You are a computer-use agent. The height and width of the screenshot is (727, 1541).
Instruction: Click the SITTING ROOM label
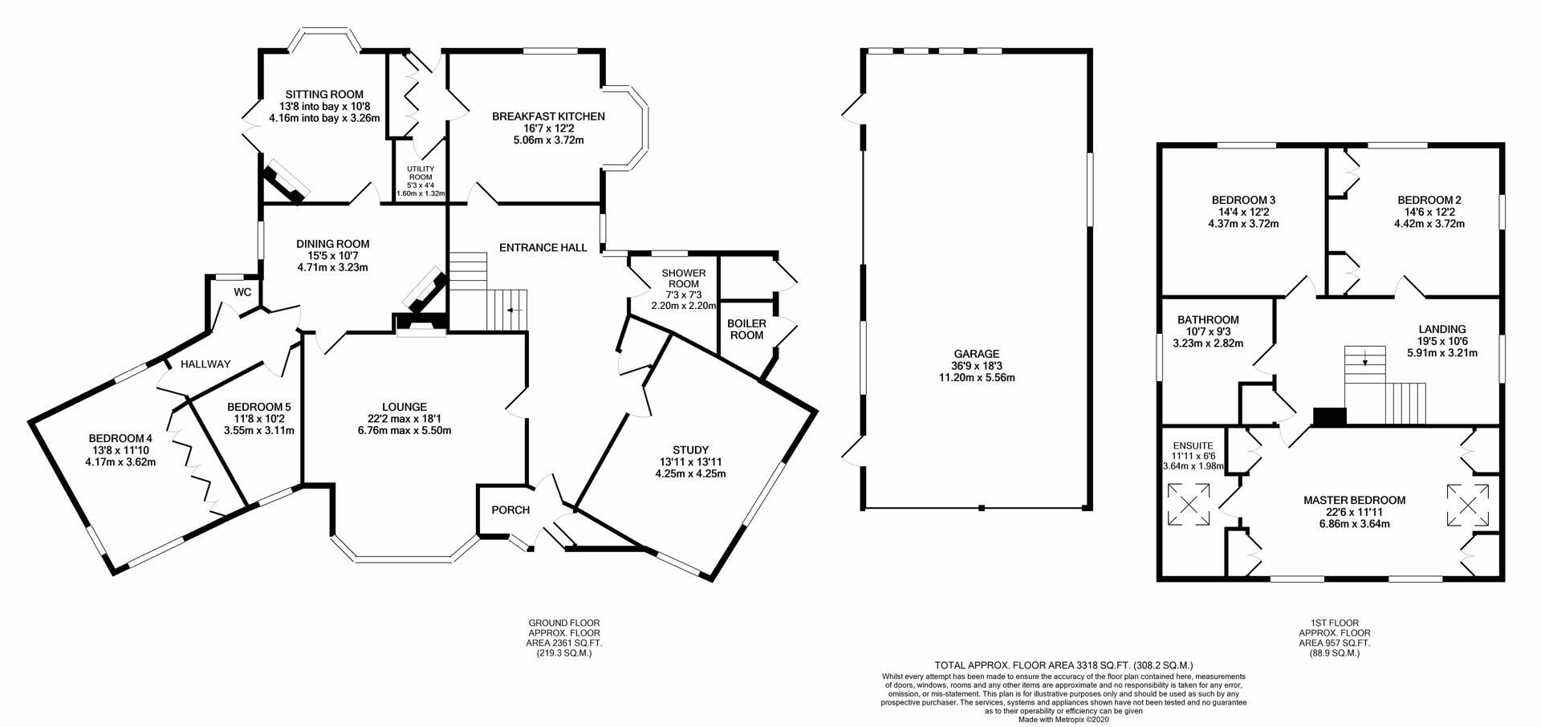324,95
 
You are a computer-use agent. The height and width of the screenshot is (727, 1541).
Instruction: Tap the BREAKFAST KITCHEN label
548,116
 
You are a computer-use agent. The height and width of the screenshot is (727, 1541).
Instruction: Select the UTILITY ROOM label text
421,173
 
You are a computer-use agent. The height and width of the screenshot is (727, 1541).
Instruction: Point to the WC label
242,292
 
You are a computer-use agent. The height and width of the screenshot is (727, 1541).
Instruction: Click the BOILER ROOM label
746,329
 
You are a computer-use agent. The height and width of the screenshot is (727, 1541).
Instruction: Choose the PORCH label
510,510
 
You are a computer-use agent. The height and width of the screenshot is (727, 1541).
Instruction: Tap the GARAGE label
977,354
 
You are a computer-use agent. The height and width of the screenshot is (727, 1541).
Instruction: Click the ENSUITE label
1193,446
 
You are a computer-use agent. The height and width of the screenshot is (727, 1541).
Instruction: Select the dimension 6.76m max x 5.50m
405,430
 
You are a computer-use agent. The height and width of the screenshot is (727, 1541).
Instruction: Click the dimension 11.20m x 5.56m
977,377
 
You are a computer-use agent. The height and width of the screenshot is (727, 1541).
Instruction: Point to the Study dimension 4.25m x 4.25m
690,473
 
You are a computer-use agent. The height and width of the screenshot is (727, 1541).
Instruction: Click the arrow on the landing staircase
1365,360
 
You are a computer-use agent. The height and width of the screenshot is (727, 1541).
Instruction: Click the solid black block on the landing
1329,416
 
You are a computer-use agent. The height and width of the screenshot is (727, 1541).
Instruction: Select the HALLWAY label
205,364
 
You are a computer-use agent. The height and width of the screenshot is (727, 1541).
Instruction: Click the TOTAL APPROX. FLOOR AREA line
1063,665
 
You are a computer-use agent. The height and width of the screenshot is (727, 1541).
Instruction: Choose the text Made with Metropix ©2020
1063,720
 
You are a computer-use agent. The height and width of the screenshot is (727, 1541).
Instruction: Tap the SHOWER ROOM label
683,278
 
